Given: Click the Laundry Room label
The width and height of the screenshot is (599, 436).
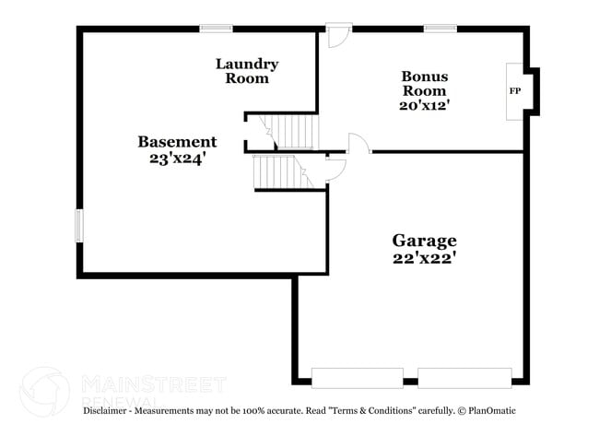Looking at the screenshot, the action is click(x=247, y=71).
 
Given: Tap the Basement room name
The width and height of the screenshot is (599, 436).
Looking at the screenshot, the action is click(x=177, y=142).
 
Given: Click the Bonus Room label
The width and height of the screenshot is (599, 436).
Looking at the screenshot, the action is click(x=425, y=83).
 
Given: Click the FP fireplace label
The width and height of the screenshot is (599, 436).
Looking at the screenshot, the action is click(x=514, y=91).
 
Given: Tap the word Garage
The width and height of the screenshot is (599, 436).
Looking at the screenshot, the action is click(x=425, y=241).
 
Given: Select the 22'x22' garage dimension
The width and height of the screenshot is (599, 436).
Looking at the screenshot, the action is click(x=425, y=259).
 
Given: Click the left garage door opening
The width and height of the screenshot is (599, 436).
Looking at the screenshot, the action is click(x=358, y=378).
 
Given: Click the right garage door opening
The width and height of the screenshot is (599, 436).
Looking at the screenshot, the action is click(x=464, y=378).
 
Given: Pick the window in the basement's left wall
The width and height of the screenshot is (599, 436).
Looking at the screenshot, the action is click(x=79, y=226).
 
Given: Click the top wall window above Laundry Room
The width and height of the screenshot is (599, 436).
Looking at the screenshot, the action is click(x=216, y=29).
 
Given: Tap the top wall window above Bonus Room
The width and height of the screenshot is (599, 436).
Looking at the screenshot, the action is click(x=440, y=29).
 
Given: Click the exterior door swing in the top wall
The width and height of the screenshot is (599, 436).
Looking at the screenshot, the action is click(x=339, y=36).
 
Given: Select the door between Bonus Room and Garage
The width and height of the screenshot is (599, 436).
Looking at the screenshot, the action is click(x=358, y=144).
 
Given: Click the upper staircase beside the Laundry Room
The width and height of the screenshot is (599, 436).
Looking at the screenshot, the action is click(x=289, y=132).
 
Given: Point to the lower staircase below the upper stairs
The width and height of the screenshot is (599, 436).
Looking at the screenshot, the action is click(x=284, y=171).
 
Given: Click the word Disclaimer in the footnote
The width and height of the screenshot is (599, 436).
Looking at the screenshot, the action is click(x=105, y=411).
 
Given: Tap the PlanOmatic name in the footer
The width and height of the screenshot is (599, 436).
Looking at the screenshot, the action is click(x=492, y=411).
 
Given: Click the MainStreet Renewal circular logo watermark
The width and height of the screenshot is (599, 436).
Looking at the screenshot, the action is click(x=45, y=392).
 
